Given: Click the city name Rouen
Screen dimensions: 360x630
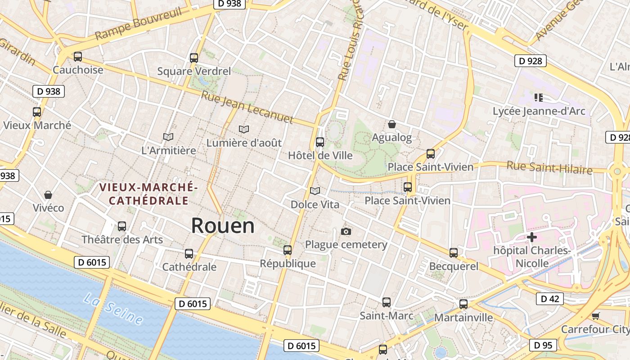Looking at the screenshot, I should (223, 225).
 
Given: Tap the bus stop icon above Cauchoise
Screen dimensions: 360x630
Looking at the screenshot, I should (78, 57).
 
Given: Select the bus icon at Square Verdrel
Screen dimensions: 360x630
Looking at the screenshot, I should (194, 58).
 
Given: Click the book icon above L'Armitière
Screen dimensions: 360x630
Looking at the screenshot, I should (168, 137).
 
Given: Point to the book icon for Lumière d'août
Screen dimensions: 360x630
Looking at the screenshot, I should (244, 130).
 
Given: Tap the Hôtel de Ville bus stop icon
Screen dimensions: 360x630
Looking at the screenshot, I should (320, 142).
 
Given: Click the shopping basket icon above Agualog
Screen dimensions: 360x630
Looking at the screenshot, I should (392, 124).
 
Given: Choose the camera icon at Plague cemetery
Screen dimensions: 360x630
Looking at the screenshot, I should (346, 231).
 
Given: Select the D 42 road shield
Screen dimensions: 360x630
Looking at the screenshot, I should (550, 298).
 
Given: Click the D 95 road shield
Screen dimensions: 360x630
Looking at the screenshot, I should (543, 345).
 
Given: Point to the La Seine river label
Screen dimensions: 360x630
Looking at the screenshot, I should (114, 309).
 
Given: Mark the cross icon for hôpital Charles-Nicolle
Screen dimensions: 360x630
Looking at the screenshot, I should (532, 237).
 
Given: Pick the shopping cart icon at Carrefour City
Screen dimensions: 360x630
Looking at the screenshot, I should (596, 316).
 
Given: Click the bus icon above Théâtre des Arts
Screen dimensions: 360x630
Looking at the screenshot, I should (122, 226).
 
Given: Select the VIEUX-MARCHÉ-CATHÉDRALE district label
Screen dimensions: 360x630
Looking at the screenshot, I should (148, 193).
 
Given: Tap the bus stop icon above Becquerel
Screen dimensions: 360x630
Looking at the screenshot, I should (454, 253).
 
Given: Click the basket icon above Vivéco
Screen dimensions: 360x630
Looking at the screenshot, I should (48, 195).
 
